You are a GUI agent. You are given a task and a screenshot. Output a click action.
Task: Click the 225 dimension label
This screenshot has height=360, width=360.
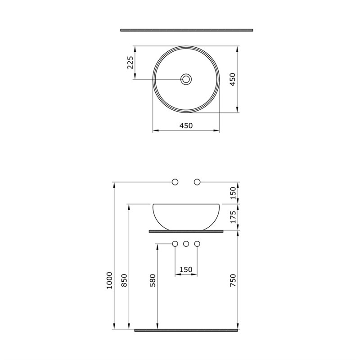click(x=130, y=62)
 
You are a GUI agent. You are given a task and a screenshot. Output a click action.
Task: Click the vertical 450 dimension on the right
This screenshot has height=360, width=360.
click(x=233, y=79)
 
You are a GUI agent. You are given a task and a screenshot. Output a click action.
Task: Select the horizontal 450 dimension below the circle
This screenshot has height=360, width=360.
click(x=186, y=126)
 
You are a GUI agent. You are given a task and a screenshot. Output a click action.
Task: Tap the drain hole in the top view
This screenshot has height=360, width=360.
click(x=186, y=79)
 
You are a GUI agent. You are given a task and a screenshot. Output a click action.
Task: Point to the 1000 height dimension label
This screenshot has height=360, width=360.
click(x=108, y=280)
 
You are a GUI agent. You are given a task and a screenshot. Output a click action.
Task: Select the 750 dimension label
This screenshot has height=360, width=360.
click(x=233, y=280)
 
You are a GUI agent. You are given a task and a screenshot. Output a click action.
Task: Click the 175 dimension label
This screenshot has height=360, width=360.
click(x=233, y=217)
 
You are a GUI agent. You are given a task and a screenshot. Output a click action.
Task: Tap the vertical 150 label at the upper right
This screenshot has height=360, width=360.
click(x=233, y=193)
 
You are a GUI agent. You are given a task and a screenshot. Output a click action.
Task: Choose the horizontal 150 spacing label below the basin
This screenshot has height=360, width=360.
click(x=186, y=270)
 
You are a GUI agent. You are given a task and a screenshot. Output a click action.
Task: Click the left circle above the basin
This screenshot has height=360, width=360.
click(x=175, y=182)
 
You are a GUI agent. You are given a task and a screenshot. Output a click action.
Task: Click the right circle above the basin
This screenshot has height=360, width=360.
click(x=197, y=182)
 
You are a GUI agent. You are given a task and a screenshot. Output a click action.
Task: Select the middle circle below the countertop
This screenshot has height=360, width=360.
click(x=186, y=244)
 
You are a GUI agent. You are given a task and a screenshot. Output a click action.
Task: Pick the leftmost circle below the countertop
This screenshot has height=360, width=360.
click(x=175, y=244)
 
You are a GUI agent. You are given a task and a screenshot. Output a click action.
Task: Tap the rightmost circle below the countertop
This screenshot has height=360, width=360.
click(x=197, y=244)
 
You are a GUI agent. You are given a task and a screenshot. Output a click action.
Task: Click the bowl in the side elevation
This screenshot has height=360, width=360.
click(x=186, y=216)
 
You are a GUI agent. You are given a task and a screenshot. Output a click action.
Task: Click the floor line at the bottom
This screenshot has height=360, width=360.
click(x=186, y=330)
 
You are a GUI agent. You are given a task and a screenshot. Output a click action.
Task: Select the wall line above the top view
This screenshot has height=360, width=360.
click(x=187, y=30)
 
